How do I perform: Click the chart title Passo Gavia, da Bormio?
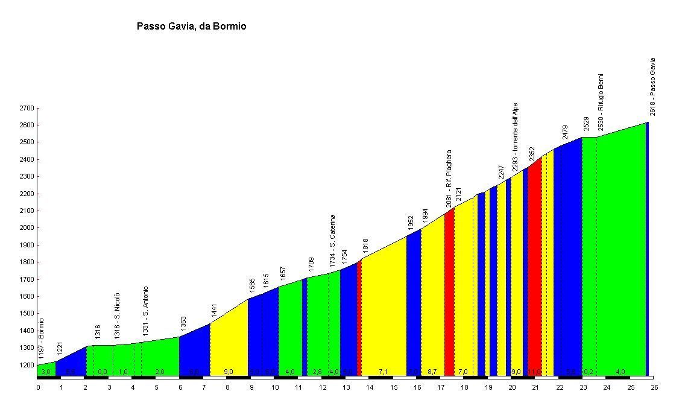pyautogui.click(x=191, y=27)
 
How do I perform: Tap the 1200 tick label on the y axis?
pyautogui.click(x=27, y=365)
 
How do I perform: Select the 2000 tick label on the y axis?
pyautogui.click(x=27, y=228)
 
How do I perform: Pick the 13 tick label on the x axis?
pyautogui.click(x=346, y=387)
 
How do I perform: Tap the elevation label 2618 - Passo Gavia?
pyautogui.click(x=652, y=86)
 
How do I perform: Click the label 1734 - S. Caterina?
pyautogui.click(x=332, y=241)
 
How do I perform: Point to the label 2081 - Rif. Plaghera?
pyautogui.click(x=449, y=179)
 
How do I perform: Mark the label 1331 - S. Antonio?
pyautogui.click(x=145, y=311)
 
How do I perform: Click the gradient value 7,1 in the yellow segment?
pyautogui.click(x=384, y=372)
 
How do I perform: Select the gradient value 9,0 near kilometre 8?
pyautogui.click(x=229, y=372)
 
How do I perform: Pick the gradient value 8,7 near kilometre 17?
pyautogui.click(x=432, y=372)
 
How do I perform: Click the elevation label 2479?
pyautogui.click(x=564, y=132)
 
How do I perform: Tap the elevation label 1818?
pyautogui.click(x=365, y=246)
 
